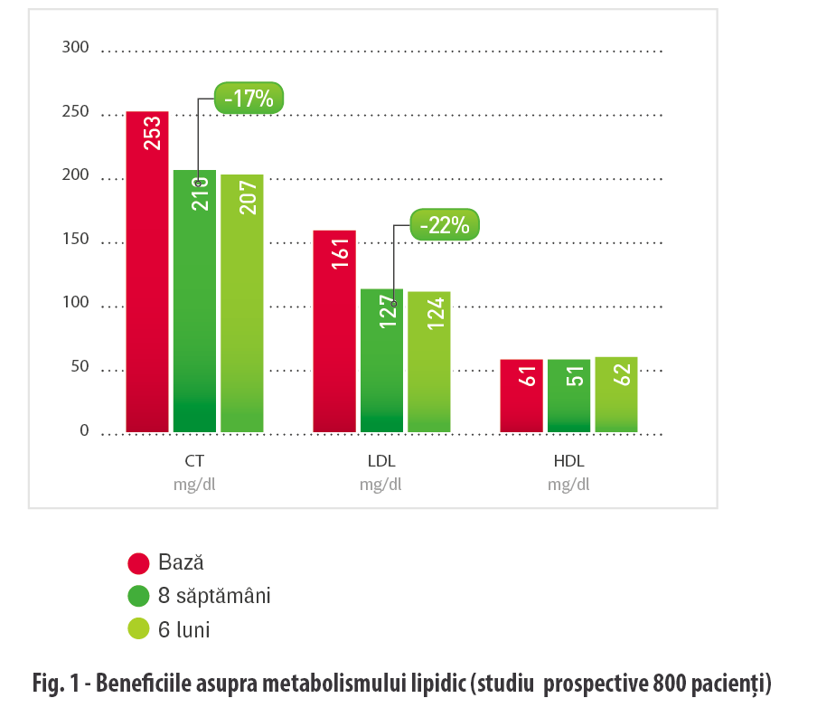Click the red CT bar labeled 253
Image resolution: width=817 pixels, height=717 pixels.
147,271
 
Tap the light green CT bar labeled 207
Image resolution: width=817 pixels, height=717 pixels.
242,303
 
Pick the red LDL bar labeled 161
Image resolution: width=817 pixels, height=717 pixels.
334,330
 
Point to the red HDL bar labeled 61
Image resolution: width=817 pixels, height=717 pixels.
521,395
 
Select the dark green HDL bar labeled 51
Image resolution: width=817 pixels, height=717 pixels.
568,395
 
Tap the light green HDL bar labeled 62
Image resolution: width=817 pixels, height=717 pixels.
615,394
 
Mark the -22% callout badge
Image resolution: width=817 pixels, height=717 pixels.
445,225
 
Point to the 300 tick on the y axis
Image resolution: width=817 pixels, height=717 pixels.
76,47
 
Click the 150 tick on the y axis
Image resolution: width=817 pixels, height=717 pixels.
76,240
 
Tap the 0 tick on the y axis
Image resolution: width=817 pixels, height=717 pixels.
84,431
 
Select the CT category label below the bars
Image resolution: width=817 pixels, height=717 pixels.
194,461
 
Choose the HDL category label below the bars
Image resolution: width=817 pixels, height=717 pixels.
568,461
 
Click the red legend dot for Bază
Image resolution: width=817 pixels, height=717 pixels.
138,563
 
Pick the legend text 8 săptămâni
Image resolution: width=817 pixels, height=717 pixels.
214,596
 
